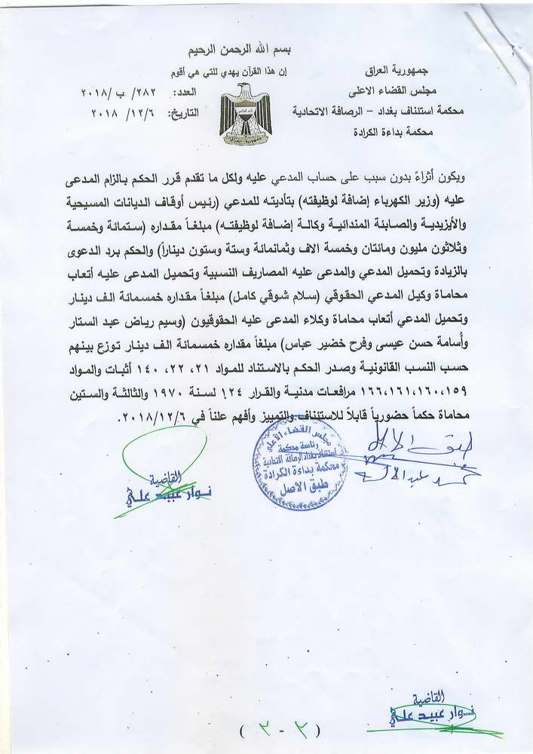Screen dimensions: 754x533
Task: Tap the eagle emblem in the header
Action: [x=245, y=114]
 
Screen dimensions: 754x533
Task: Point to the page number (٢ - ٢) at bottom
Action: [x=279, y=730]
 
